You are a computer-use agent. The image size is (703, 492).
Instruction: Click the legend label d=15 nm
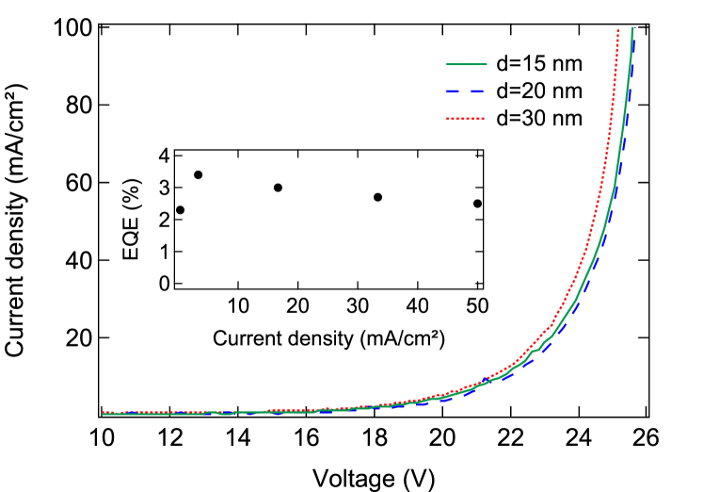539,64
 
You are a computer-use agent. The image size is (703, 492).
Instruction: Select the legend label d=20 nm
539,91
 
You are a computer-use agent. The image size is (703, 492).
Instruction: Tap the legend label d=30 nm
539,119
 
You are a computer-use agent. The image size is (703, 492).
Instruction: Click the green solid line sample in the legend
467,64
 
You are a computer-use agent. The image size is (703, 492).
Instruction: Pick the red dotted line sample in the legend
467,119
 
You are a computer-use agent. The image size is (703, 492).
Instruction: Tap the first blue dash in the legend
455,91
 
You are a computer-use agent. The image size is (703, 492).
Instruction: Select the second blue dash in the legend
479,91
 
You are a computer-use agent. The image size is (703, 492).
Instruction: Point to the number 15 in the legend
535,64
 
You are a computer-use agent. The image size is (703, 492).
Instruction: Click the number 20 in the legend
535,91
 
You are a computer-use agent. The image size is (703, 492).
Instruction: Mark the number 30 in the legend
535,119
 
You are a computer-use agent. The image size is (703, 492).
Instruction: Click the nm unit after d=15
567,64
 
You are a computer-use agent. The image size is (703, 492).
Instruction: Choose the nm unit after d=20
567,91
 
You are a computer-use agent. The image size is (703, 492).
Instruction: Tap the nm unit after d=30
567,119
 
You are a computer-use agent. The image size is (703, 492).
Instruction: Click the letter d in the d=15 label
503,64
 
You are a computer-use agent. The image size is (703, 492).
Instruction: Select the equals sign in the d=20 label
516,91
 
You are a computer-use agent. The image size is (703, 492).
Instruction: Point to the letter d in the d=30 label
503,119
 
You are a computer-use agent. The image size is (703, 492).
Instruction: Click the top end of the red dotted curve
617,31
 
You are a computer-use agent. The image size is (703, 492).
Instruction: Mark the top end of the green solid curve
632,28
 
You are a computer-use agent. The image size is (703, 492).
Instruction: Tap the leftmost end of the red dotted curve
103,412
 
